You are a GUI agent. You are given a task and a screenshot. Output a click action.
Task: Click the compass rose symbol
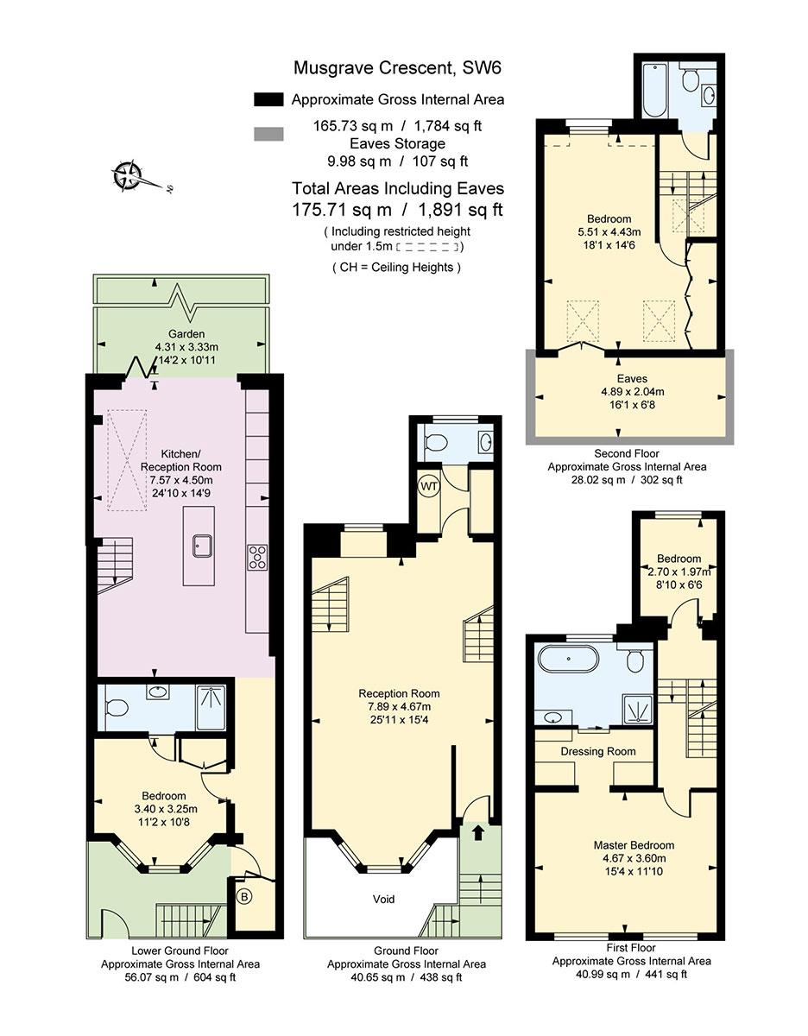(x=127, y=177)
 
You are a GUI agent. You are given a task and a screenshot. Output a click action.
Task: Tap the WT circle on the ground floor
(x=429, y=487)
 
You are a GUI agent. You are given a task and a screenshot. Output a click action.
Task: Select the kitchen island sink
(x=202, y=546)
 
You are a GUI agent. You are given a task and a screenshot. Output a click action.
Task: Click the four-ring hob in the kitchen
(x=257, y=557)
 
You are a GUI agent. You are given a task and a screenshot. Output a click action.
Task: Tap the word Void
(x=383, y=900)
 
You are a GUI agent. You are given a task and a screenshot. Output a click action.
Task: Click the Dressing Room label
(x=597, y=751)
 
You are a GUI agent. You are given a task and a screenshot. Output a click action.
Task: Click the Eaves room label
(x=632, y=378)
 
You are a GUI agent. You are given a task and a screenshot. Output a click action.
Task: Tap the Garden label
(x=186, y=334)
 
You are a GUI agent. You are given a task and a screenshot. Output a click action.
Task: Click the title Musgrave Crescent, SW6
(x=397, y=68)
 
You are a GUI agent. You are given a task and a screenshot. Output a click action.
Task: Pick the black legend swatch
(x=268, y=99)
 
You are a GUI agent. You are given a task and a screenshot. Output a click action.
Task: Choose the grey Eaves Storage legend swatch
(x=268, y=134)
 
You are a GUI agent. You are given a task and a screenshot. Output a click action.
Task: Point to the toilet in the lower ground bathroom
(x=116, y=708)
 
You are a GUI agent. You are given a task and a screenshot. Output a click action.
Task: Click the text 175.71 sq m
(x=342, y=210)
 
